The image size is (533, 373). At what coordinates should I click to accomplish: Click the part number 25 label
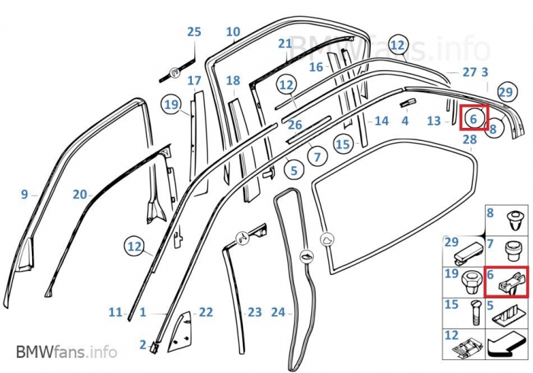coord(194,32)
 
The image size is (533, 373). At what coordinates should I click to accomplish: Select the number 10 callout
coord(233,32)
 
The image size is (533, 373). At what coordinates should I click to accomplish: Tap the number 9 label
coord(24,194)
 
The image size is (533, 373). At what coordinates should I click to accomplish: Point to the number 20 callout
coord(79,194)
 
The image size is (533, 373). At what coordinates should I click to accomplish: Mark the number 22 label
coord(206,312)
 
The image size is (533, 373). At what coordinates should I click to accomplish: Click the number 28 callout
coord(470,140)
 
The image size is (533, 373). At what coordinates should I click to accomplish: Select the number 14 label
coord(381,121)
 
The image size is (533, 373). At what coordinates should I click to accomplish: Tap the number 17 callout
coord(194,81)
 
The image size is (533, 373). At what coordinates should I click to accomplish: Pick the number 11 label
coord(115,312)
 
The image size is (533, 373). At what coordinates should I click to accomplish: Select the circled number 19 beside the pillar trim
coord(171,104)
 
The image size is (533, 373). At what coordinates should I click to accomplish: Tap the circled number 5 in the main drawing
coord(292,171)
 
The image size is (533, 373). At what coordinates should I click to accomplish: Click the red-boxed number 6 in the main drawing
coord(474,119)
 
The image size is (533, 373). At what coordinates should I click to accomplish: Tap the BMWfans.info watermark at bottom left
coord(66,352)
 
